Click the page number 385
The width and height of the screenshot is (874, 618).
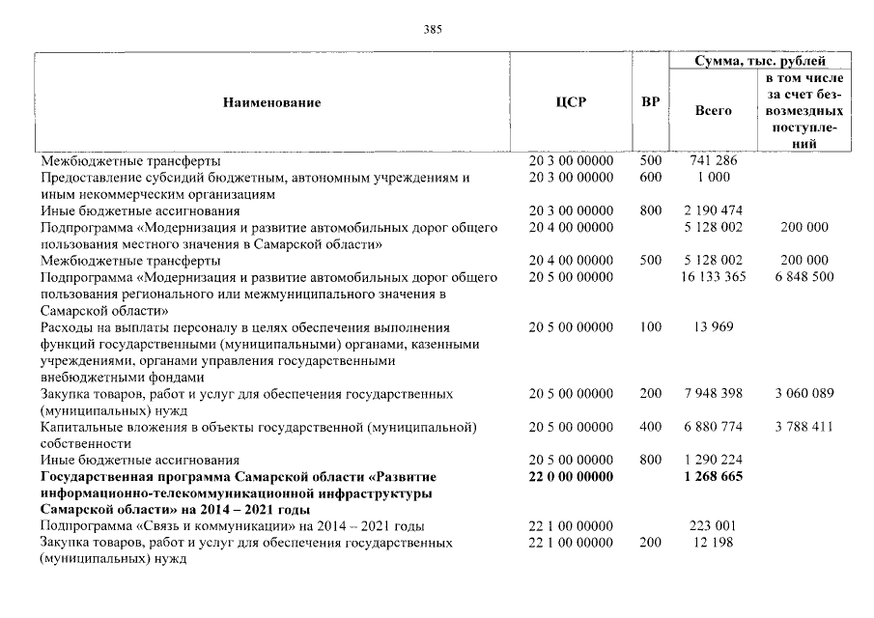pos(433,29)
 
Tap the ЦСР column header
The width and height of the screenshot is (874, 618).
pos(571,101)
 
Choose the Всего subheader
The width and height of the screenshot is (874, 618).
pos(714,111)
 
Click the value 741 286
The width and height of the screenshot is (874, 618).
pos(714,160)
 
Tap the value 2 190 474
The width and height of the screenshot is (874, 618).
pos(714,211)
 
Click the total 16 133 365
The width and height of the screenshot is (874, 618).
pos(714,277)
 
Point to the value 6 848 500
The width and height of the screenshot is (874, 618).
pos(803,277)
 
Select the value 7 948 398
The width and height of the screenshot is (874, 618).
pos(714,394)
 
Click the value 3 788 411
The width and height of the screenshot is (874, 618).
pos(803,427)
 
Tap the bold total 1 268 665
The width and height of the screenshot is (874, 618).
pos(714,477)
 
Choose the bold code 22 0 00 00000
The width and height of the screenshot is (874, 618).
pos(571,477)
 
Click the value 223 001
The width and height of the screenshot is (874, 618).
pos(714,526)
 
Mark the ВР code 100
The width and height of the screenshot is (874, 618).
pos(650,327)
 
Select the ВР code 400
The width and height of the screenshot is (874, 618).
pos(650,427)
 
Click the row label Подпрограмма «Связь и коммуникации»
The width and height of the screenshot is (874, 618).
pos(233,526)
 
